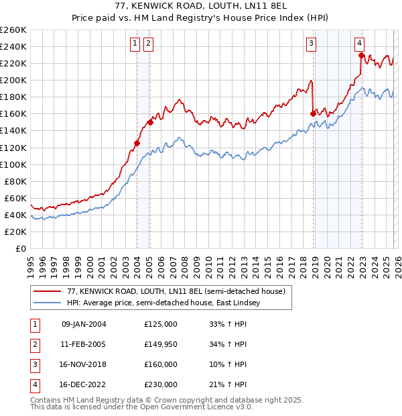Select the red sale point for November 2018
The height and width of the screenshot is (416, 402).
coord(313,114)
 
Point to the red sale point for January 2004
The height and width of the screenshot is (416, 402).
coord(137,143)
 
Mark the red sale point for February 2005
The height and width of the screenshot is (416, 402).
coord(150,122)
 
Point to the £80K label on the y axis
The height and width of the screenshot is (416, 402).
coord(15,181)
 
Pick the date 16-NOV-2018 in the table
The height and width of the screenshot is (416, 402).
coord(84,364)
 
